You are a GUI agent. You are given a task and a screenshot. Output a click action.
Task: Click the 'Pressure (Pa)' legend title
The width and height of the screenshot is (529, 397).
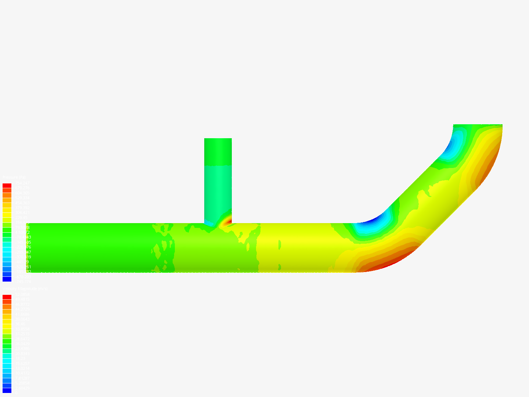14,178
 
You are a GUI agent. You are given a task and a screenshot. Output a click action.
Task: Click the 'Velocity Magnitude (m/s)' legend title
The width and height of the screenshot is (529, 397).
25,289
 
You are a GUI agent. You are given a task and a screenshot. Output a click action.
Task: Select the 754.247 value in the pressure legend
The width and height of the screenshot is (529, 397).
22,183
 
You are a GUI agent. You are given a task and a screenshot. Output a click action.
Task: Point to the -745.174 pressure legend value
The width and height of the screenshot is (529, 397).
23,281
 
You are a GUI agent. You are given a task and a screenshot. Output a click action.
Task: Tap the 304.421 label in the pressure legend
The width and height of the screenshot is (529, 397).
22,212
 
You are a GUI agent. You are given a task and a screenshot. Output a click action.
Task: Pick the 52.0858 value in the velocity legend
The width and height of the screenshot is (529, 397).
22,294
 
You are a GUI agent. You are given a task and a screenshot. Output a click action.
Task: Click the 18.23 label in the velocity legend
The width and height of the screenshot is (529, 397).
20,358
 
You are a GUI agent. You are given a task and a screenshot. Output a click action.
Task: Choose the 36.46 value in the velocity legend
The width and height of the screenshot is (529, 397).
20,324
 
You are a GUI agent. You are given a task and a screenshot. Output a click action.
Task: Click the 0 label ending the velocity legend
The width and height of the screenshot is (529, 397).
16,393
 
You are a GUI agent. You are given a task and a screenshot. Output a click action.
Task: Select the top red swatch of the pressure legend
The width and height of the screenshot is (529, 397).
7,186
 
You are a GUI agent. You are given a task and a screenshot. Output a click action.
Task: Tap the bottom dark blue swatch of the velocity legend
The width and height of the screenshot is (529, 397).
7,390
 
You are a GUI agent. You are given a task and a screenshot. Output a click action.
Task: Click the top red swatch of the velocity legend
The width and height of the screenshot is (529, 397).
7,297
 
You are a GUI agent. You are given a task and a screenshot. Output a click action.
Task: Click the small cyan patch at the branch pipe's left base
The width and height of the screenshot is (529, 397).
209,223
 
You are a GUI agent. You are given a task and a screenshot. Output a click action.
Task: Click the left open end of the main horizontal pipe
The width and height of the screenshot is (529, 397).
29,247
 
